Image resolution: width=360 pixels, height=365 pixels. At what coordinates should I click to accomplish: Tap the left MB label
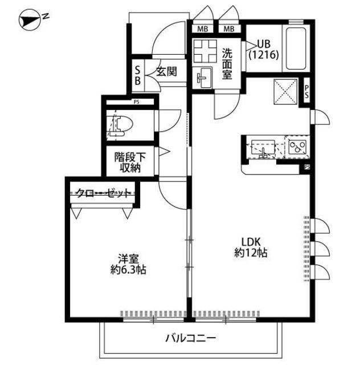202,29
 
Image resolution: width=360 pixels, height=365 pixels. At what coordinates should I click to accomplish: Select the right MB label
229,29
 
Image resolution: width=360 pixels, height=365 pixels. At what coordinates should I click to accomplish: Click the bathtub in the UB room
296,48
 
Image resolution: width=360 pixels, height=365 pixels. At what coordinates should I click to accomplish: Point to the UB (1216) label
264,50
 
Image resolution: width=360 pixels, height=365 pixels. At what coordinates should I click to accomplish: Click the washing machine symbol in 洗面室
205,51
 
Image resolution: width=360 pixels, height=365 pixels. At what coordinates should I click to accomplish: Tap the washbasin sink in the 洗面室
204,78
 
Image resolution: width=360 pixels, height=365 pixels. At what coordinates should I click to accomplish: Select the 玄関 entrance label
166,71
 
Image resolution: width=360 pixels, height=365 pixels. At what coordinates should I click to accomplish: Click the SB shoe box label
138,75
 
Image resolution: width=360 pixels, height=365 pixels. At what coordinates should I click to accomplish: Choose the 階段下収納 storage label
130,162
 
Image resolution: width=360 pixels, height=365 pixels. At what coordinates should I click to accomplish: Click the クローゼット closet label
103,193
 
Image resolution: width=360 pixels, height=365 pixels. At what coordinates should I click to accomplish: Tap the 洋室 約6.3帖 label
128,264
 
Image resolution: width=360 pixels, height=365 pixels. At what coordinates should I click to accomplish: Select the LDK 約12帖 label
251,247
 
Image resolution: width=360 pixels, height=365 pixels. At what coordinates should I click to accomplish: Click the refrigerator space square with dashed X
285,91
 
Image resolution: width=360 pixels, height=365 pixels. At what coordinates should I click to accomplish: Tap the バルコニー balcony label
190,338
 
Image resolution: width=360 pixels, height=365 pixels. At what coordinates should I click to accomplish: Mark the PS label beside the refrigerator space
307,91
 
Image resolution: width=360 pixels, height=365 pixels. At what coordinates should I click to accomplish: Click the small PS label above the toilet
137,102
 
